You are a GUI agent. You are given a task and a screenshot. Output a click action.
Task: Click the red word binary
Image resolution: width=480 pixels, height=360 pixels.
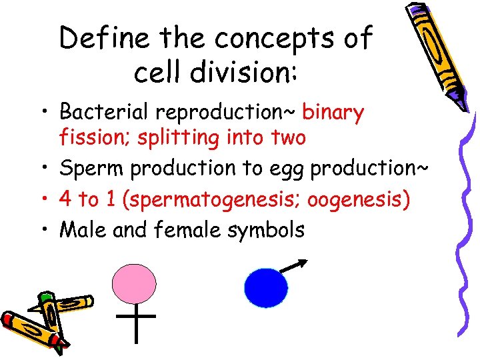(333, 113)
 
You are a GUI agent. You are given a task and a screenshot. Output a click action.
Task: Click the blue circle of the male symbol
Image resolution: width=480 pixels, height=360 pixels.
(266, 287)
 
